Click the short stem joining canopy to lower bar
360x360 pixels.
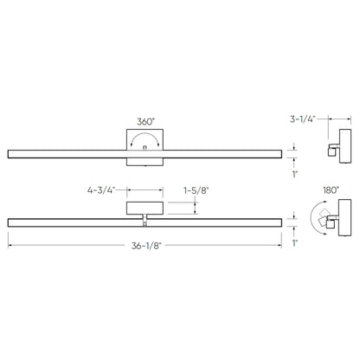(x=144, y=215)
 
